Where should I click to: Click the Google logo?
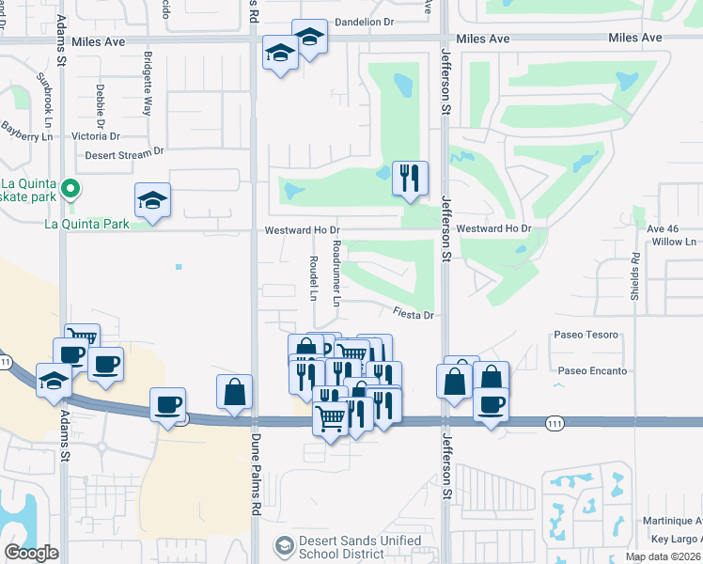coord(30,553)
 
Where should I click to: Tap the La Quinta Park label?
coord(86,225)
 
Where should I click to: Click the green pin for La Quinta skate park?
coord(68,191)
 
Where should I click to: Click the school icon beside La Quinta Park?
coord(152,200)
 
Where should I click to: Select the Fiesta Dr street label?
coord(413,316)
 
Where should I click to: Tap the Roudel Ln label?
coord(313,277)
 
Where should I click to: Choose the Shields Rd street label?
coord(635,270)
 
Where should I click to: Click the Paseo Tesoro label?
coord(587,335)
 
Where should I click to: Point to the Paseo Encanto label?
coord(592,370)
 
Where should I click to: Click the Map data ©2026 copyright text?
coord(663,556)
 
